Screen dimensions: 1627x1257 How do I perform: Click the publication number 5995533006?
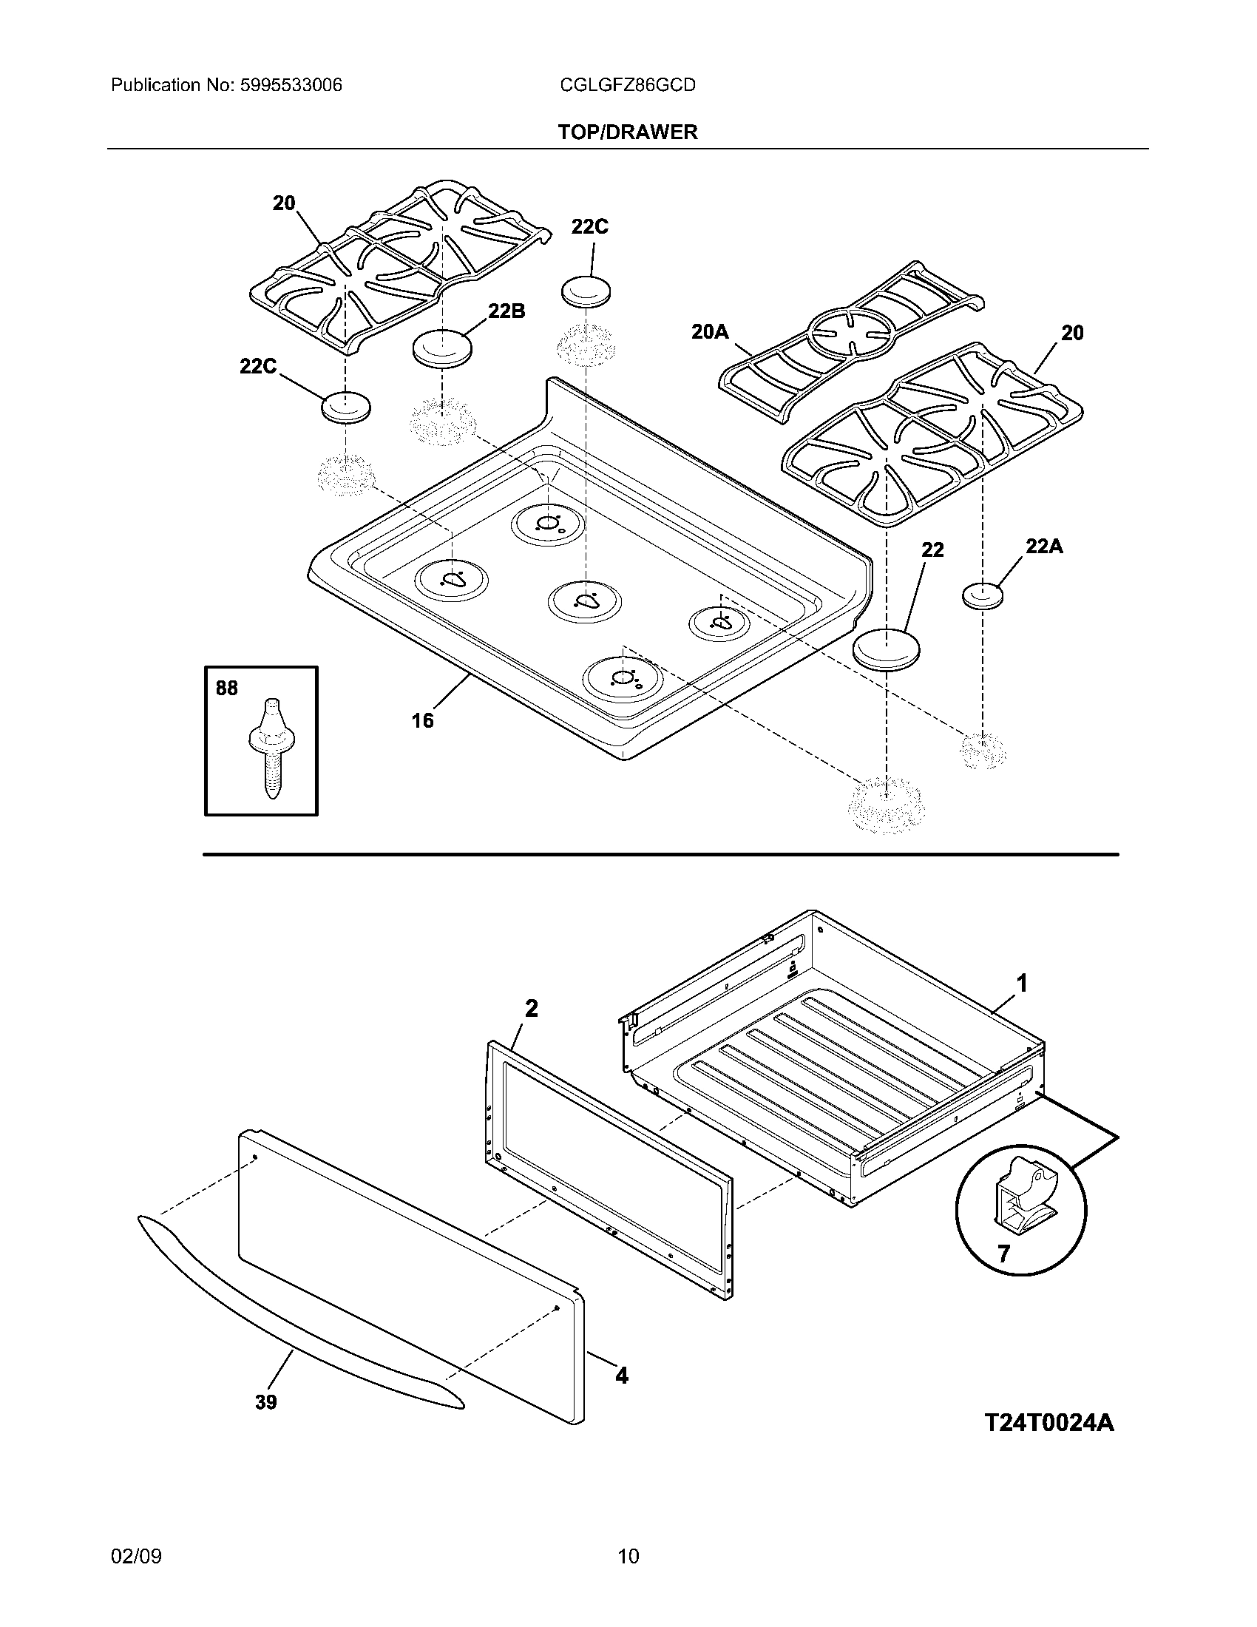tap(291, 85)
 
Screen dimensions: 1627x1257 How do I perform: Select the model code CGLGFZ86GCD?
tap(627, 85)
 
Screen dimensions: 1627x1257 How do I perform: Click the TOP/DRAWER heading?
tap(628, 132)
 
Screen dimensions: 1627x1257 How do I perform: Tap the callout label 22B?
tap(506, 311)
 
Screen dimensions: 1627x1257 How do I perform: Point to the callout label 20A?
tap(709, 331)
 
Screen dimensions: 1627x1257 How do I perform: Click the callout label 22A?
tap(1044, 547)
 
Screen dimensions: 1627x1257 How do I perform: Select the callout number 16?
tap(422, 720)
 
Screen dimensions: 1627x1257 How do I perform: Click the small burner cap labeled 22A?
tap(983, 595)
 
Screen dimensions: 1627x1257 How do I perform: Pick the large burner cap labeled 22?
tap(886, 649)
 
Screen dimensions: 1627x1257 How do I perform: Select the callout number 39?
tap(266, 1402)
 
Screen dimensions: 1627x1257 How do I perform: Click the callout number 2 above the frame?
tap(531, 1009)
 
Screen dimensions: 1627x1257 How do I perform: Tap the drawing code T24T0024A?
tap(1049, 1422)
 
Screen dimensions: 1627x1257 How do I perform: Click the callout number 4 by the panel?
tap(621, 1376)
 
